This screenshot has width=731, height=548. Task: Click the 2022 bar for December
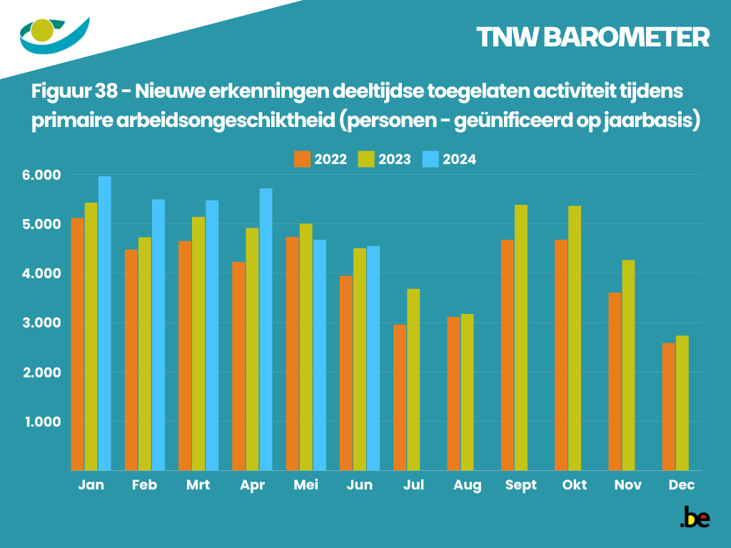668,407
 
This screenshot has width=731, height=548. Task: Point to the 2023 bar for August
467,392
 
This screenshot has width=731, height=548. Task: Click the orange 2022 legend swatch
302,159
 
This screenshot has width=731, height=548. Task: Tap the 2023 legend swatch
366,159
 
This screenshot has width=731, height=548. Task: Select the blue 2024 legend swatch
430,159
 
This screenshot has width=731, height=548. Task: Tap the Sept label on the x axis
520,485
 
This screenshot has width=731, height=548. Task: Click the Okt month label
575,485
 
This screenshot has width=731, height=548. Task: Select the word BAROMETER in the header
626,37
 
